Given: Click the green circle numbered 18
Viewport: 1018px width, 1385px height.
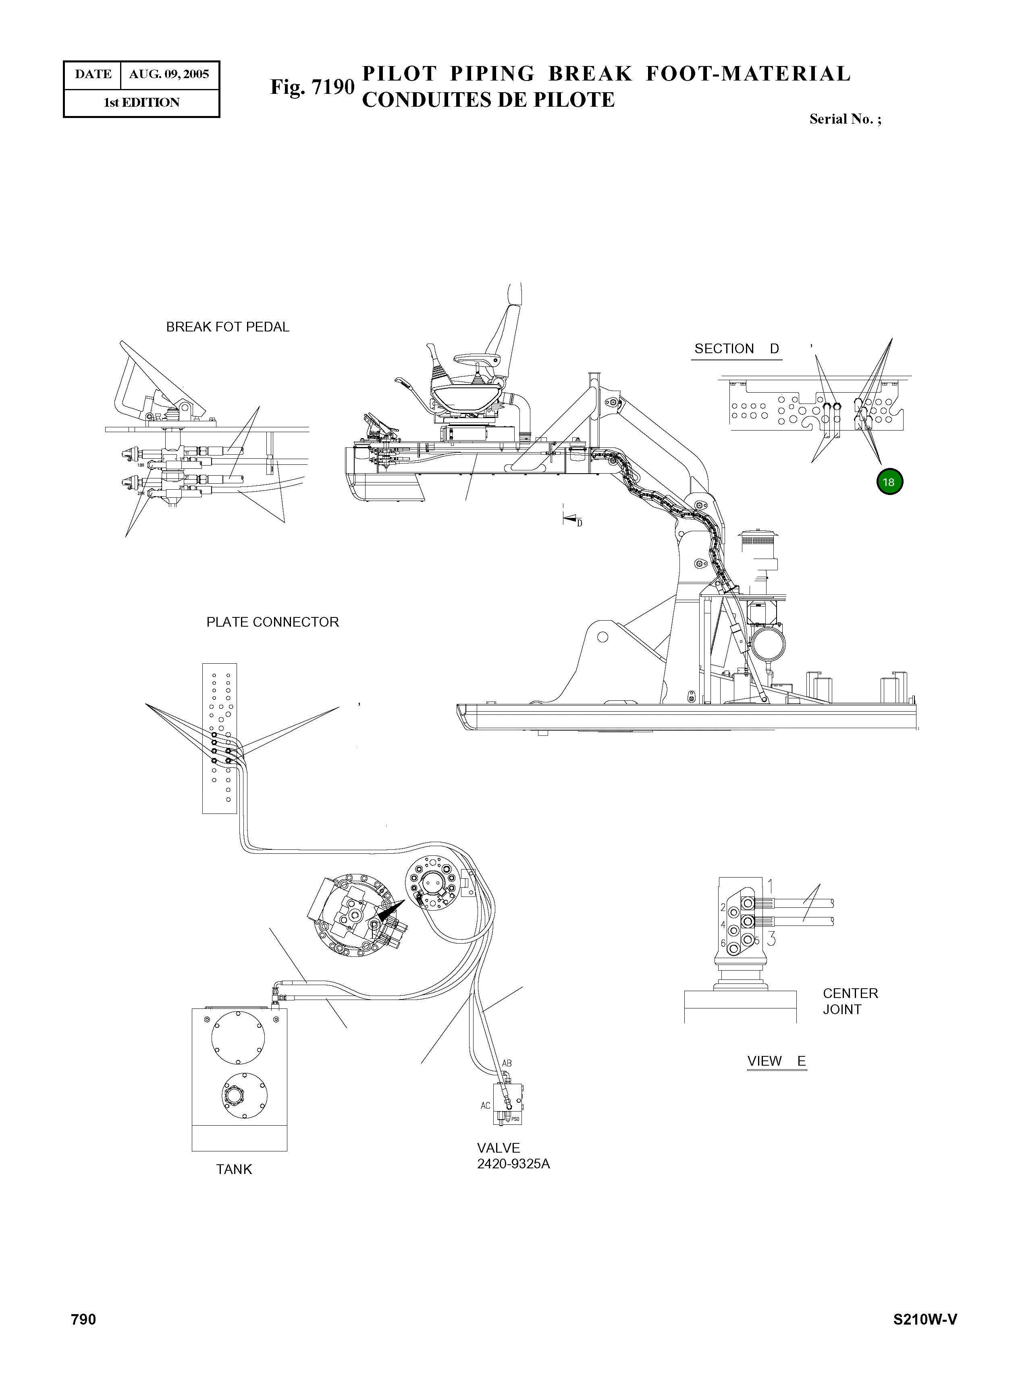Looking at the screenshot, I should coord(889,482).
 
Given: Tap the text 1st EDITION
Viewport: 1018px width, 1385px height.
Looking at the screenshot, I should coord(141,103).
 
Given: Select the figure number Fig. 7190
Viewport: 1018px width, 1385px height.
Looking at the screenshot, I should coord(312,87).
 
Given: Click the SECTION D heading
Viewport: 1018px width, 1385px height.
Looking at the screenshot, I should coord(736,348).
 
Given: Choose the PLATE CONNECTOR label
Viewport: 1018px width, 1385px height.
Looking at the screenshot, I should coord(272,622).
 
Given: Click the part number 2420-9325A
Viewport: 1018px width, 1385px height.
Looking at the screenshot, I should coord(513,1165).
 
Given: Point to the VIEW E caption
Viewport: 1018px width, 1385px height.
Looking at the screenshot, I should coord(776,1061).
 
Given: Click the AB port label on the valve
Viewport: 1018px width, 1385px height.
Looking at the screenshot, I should coord(507,1064).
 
